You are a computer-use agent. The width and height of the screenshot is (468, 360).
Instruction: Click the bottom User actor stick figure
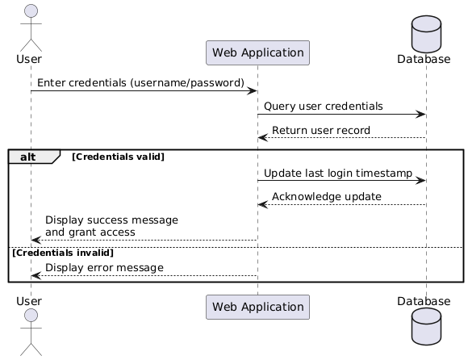click(x=30, y=333)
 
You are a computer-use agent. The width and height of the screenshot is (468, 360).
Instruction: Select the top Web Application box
click(x=257, y=53)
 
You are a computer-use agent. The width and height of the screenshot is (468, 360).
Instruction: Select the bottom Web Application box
click(x=257, y=307)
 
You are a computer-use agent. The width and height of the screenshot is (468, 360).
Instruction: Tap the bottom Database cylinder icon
click(x=425, y=334)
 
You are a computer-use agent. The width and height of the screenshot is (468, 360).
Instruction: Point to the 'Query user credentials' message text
click(x=323, y=107)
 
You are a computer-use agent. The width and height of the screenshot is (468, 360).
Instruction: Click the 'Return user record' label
click(x=321, y=130)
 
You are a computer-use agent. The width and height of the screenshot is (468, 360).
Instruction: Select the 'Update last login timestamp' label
click(x=337, y=173)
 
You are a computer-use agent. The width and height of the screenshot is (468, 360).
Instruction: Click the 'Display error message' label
click(x=104, y=267)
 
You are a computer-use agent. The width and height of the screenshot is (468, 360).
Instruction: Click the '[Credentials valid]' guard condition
click(x=118, y=156)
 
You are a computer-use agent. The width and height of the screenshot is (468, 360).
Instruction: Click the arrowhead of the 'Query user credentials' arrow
click(x=421, y=115)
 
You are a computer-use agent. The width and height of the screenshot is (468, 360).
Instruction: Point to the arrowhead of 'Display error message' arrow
click(x=35, y=275)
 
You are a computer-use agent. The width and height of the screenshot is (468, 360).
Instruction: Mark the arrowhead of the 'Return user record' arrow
click(x=262, y=138)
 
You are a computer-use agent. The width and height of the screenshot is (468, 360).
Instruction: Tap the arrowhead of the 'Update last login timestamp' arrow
click(x=421, y=181)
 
